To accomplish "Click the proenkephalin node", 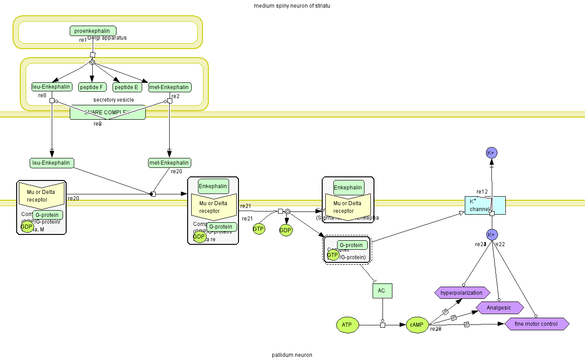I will pos(93,31).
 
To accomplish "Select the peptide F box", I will pos(92,87).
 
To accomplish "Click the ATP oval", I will pos(347,324).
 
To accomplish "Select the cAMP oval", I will pos(417,324).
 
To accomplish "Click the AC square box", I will pos(382,291).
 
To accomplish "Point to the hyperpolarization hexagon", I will pos(462,292).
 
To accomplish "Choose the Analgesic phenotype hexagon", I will pos(499,308).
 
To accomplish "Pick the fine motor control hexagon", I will pos(536,324).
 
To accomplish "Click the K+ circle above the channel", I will pos(491,153).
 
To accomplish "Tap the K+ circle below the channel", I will pos(491,234).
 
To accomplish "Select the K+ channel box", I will pos(485,205).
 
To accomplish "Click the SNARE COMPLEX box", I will pos(108,112).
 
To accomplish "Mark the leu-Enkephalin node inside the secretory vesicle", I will pos(51,87).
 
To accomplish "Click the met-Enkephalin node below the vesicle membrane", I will pos(169,162).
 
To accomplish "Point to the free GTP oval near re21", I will pos(258,229).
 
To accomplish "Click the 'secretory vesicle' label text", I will pos(113,100).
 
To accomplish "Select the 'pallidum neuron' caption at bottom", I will pos(292,355).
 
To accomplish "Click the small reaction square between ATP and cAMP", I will pos(382,325).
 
